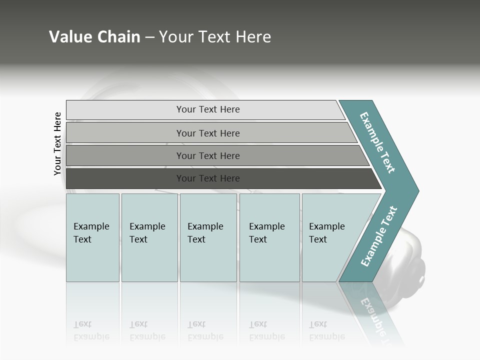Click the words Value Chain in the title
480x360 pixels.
tap(94, 37)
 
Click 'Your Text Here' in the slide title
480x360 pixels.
tap(215, 37)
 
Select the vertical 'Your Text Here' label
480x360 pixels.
tap(57, 143)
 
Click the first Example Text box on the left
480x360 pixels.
tap(92, 237)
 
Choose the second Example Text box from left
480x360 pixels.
tap(149, 237)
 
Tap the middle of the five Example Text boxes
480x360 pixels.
tap(208, 237)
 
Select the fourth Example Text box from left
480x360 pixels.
tap(269, 237)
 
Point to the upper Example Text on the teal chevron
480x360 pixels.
tap(377, 142)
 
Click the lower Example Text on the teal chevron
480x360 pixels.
tap(379, 236)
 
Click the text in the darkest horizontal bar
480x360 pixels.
tap(208, 178)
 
